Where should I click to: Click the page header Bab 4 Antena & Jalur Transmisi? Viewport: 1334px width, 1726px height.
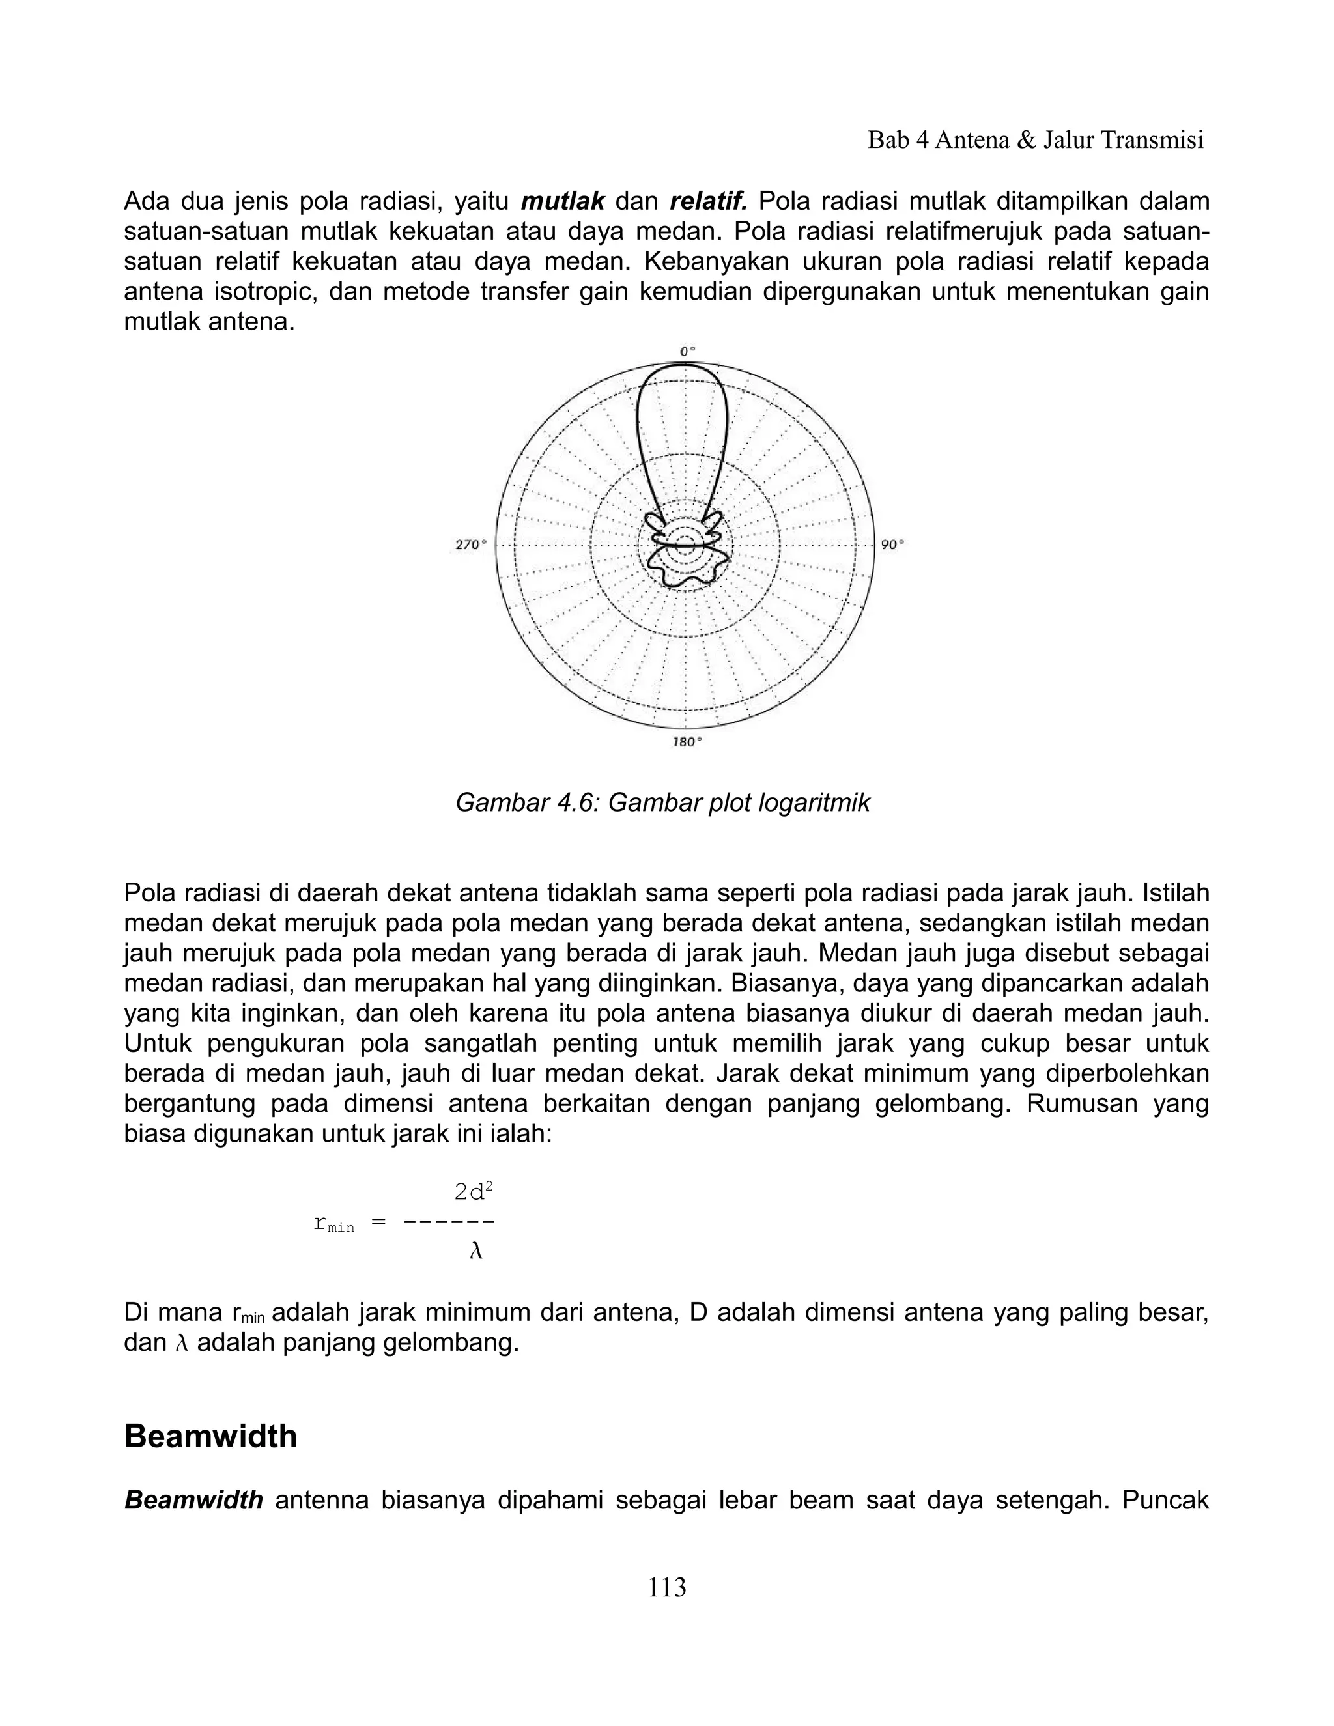[x=1035, y=141]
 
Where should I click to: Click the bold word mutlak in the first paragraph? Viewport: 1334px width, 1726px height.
[x=563, y=201]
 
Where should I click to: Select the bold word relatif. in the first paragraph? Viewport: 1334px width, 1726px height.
[x=708, y=201]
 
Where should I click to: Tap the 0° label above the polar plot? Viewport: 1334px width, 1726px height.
[x=687, y=350]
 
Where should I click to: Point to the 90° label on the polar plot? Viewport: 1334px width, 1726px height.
[x=892, y=545]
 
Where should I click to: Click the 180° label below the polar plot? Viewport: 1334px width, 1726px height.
[x=686, y=742]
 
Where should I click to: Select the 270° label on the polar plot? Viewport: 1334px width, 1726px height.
[x=471, y=545]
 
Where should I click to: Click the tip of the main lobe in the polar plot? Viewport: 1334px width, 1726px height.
[x=685, y=367]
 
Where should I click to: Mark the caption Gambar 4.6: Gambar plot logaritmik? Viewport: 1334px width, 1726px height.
[x=662, y=802]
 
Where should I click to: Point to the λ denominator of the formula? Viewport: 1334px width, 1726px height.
[x=475, y=1251]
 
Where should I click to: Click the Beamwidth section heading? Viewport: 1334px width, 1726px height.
[x=210, y=1436]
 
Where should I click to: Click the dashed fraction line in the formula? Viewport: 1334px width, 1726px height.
[x=448, y=1222]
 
